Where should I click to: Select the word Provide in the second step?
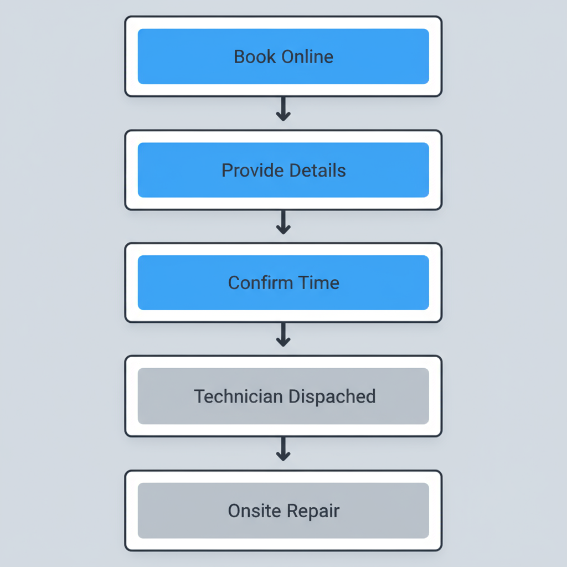click(x=248, y=170)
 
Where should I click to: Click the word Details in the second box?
click(x=316, y=170)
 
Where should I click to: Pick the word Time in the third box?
click(x=318, y=283)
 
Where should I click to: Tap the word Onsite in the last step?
click(x=254, y=511)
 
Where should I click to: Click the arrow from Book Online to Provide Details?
click(x=283, y=109)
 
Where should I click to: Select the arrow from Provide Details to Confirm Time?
click(x=283, y=223)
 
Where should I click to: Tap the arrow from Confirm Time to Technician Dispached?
click(x=283, y=336)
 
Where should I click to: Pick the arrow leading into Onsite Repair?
click(x=283, y=449)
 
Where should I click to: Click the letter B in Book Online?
click(x=239, y=56)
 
